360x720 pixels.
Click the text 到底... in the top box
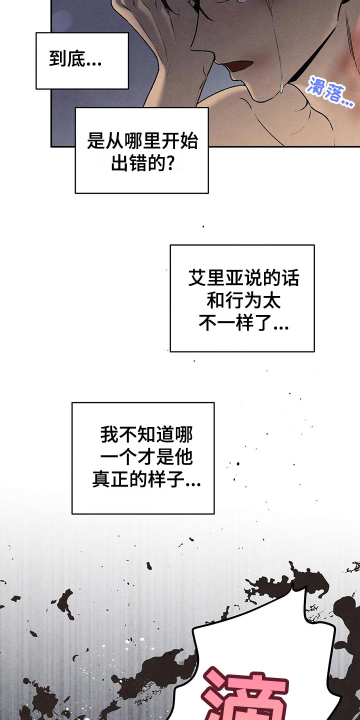pos(75,59)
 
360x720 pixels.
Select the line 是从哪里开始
pos(142,141)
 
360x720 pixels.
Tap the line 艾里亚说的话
pos(243,278)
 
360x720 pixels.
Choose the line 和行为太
pos(243,301)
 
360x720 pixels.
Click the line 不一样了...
pos(243,323)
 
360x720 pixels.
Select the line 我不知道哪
pos(146,435)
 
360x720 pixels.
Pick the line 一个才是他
pos(146,457)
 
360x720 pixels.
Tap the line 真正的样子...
pos(146,479)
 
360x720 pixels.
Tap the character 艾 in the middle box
pos(197,278)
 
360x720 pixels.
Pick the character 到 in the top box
pos(58,59)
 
